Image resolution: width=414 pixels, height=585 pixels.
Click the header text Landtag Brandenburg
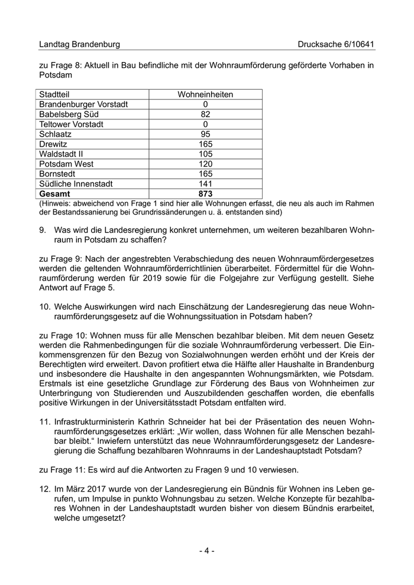click(79, 44)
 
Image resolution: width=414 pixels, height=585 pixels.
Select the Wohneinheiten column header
click(205, 95)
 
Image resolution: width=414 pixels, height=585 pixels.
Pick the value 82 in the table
click(205, 115)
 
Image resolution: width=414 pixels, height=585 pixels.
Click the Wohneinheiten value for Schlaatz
click(205, 134)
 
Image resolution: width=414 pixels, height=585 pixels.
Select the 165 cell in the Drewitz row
click(205, 144)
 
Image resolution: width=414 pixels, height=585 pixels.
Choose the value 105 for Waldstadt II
click(205, 154)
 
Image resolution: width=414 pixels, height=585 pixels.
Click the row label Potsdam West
click(66, 164)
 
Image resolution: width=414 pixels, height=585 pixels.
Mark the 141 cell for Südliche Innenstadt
click(205, 184)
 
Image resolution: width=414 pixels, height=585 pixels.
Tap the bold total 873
click(205, 194)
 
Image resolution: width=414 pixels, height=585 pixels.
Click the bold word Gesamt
click(54, 194)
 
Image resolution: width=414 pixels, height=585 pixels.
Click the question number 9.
click(42, 227)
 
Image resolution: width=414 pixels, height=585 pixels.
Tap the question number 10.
click(44, 308)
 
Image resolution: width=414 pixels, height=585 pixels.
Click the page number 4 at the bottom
click(206, 551)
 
